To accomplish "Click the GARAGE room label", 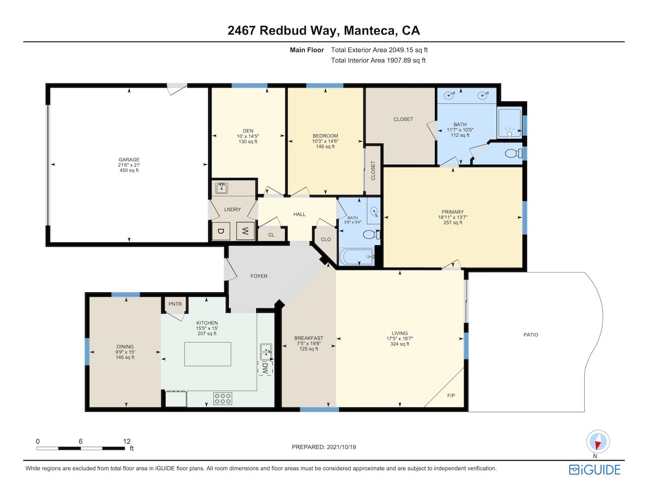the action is coord(129,160).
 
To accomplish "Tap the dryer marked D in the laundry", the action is coord(221,231).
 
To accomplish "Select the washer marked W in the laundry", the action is coord(245,231).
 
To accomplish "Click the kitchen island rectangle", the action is coord(208,354).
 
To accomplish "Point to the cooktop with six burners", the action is coord(223,399).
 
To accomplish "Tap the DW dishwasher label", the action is coord(264,368).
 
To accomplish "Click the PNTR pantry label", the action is coord(175,304).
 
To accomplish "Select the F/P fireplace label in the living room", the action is coord(451,395).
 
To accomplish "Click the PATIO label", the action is coord(531,335).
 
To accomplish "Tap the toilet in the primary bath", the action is coord(513,153).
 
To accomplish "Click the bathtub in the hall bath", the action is coord(357,257).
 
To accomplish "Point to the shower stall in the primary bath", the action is coord(509,123).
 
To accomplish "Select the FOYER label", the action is coord(259,276).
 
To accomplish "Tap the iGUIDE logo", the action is coord(595,470).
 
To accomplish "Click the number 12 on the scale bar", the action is coord(127,441).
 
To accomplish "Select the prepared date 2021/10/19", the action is coord(341,447).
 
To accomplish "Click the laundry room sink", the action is coord(222,188).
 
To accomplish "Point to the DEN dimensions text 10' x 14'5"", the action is coord(248,136).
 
